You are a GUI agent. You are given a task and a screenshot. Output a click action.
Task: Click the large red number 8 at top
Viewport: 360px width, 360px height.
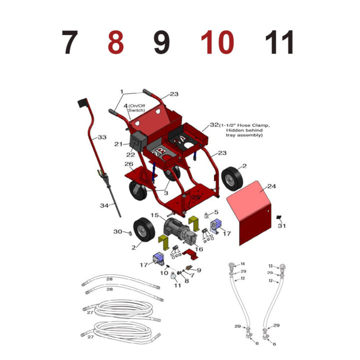pyautogui.click(x=116, y=42)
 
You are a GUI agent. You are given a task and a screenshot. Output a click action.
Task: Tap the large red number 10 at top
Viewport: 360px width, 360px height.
pyautogui.click(x=217, y=42)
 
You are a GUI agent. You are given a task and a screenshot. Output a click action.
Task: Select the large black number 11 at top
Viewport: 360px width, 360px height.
pyautogui.click(x=279, y=42)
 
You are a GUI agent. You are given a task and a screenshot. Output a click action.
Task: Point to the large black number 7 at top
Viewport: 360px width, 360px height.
pyautogui.click(x=70, y=42)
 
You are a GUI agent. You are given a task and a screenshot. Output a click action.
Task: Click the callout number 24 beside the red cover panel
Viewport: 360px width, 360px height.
pyautogui.click(x=271, y=186)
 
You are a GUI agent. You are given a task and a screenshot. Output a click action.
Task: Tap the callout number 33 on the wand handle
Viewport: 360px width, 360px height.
pyautogui.click(x=102, y=137)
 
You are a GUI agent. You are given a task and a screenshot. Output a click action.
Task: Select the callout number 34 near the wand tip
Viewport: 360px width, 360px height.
pyautogui.click(x=104, y=205)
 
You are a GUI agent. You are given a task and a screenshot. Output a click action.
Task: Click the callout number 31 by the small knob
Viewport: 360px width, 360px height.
pyautogui.click(x=281, y=225)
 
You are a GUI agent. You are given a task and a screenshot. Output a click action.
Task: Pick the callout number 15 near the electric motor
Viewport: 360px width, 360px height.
pyautogui.click(x=154, y=215)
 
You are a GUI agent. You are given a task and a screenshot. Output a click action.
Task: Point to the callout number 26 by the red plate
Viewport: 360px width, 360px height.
pyautogui.click(x=129, y=164)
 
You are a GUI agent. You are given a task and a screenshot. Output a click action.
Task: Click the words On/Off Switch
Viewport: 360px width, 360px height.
pyautogui.click(x=137, y=108)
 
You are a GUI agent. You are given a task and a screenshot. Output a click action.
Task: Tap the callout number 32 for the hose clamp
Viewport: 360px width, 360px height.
pyautogui.click(x=214, y=125)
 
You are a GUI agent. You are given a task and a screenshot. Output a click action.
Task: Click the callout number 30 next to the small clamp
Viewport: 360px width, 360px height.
pyautogui.click(x=118, y=231)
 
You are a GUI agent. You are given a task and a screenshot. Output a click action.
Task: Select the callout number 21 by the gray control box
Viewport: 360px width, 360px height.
pyautogui.click(x=118, y=144)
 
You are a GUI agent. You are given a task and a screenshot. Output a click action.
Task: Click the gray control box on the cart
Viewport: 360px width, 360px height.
pyautogui.click(x=139, y=141)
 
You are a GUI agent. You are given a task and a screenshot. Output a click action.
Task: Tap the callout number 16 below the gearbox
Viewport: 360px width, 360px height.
pyautogui.click(x=199, y=249)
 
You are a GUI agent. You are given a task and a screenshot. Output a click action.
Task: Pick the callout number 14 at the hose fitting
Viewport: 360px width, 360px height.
pyautogui.click(x=242, y=264)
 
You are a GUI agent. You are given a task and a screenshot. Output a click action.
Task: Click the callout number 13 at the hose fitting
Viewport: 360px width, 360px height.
pyautogui.click(x=270, y=266)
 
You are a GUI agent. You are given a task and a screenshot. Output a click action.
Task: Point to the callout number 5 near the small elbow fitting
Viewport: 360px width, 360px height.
pyautogui.click(x=216, y=212)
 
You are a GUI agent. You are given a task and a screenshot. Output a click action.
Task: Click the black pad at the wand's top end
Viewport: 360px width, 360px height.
pyautogui.click(x=82, y=103)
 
